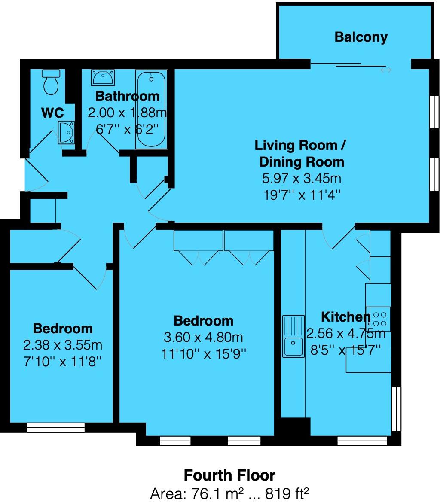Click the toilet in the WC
(51, 82)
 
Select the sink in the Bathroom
(103, 78)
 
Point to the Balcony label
(361, 37)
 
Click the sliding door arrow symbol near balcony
(386, 70)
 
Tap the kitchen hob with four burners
(379, 318)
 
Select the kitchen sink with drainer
(293, 336)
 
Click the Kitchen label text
(345, 317)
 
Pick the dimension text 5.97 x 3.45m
(302, 178)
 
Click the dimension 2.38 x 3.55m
(62, 345)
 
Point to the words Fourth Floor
(229, 475)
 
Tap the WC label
(52, 113)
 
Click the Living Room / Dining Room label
(301, 153)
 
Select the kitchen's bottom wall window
(362, 440)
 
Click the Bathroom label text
(127, 96)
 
